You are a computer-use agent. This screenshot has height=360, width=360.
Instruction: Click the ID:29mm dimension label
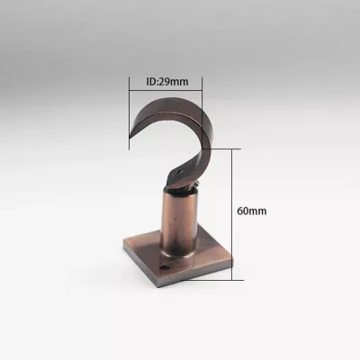167,82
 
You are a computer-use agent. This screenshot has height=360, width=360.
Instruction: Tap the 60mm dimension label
252,211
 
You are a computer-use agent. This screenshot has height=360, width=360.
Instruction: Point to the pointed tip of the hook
130,138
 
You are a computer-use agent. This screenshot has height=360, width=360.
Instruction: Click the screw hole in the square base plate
164,267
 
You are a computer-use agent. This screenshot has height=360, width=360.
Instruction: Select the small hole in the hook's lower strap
180,172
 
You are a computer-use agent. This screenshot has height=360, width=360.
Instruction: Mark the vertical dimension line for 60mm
232,214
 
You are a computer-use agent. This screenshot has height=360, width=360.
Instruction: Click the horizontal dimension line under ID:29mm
166,89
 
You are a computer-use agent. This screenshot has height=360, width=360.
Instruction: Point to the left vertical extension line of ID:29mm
130,113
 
